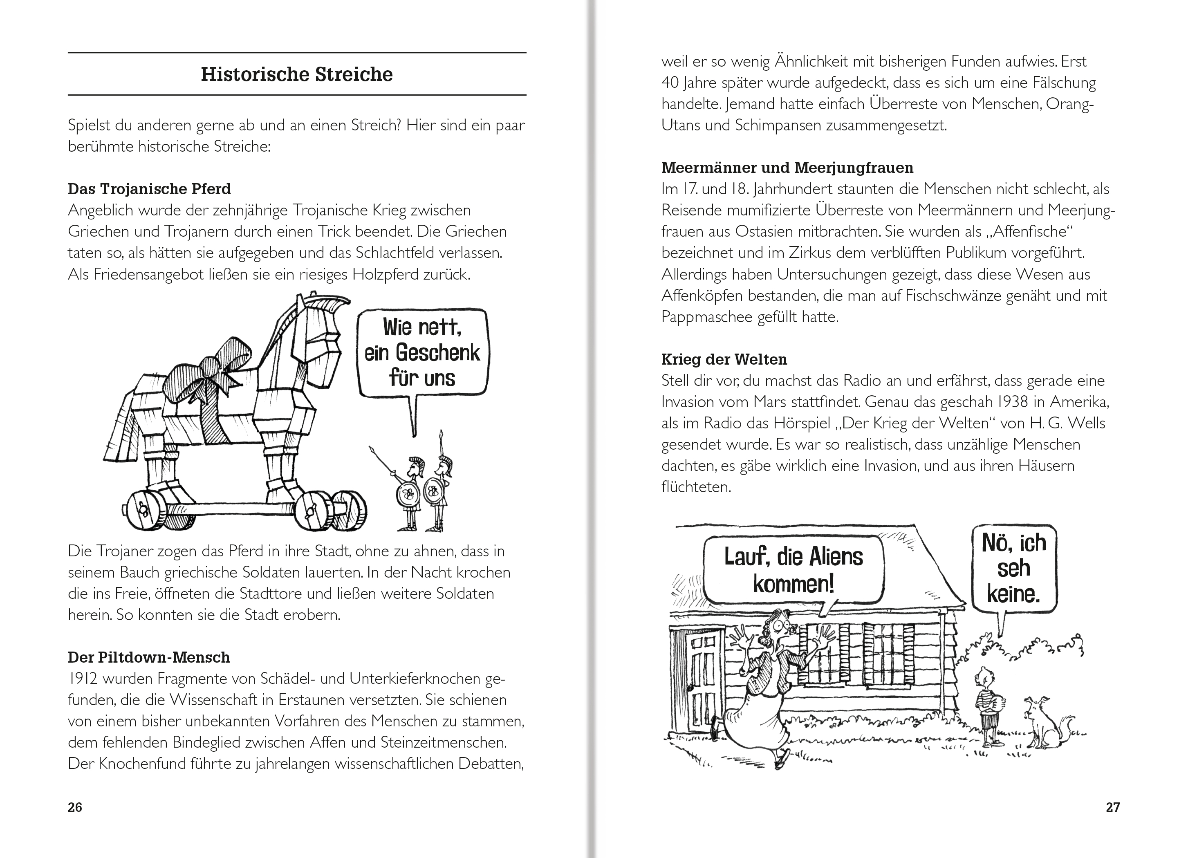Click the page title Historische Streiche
point(296,74)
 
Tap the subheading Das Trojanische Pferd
point(149,188)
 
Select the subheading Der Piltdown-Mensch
point(149,657)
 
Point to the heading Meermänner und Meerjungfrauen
point(787,168)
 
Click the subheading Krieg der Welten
point(724,359)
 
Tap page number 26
point(75,807)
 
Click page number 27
point(1112,807)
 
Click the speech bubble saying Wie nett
point(422,352)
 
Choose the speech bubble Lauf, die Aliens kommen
point(793,570)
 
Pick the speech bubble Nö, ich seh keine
point(1013,568)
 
